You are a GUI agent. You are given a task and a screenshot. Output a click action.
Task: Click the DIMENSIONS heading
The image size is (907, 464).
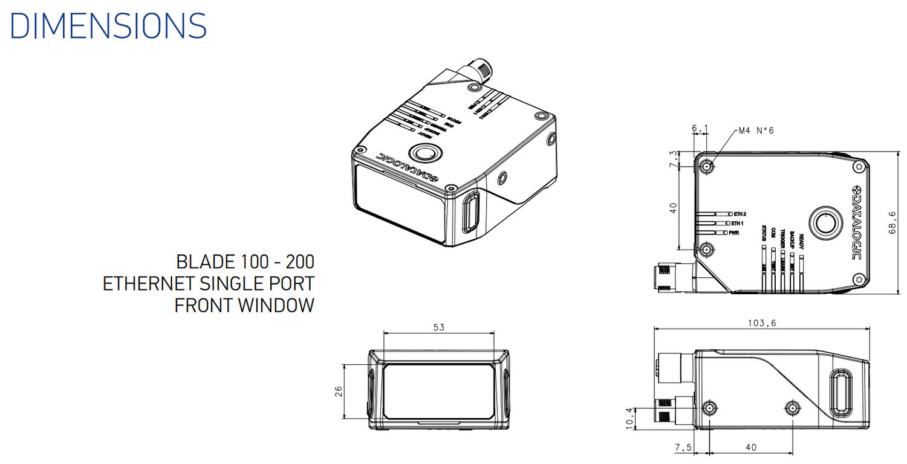[108, 26]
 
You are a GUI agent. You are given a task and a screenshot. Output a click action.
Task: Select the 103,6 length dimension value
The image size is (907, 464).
[762, 323]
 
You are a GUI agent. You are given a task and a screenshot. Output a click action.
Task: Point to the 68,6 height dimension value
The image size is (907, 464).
[892, 221]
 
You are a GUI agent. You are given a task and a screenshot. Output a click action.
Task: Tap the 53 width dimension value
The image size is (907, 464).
[439, 327]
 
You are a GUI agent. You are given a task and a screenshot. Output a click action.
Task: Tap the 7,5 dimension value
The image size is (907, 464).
[683, 448]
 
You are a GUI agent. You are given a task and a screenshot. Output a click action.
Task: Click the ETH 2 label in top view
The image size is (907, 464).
[740, 214]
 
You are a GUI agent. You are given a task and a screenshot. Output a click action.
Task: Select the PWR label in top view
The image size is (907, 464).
[735, 233]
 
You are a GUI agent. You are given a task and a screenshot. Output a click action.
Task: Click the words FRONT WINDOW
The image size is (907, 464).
[244, 306]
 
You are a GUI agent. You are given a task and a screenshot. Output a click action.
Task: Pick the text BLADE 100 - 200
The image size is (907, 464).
[245, 262]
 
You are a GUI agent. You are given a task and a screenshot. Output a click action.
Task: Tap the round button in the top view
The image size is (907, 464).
[827, 223]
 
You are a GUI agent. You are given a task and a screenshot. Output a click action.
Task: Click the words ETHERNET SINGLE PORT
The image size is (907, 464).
[209, 284]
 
